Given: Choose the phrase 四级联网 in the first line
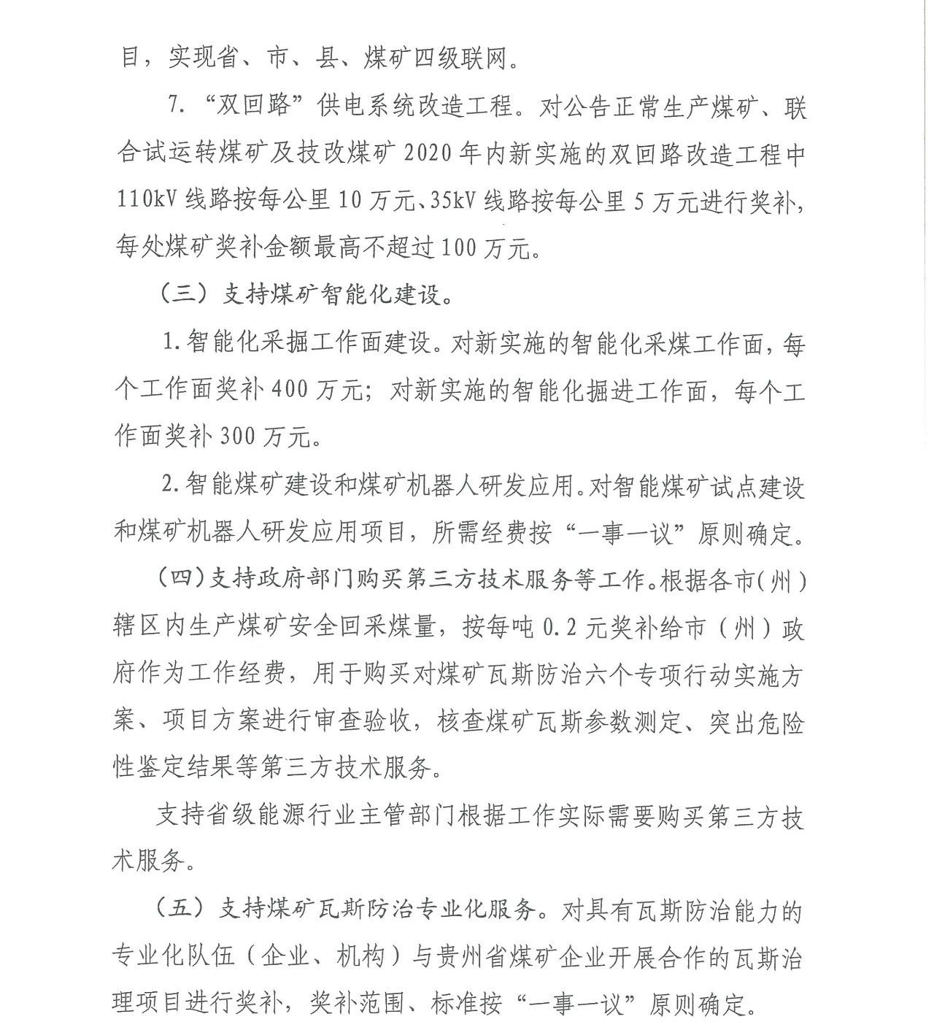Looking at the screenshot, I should click(461, 58).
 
